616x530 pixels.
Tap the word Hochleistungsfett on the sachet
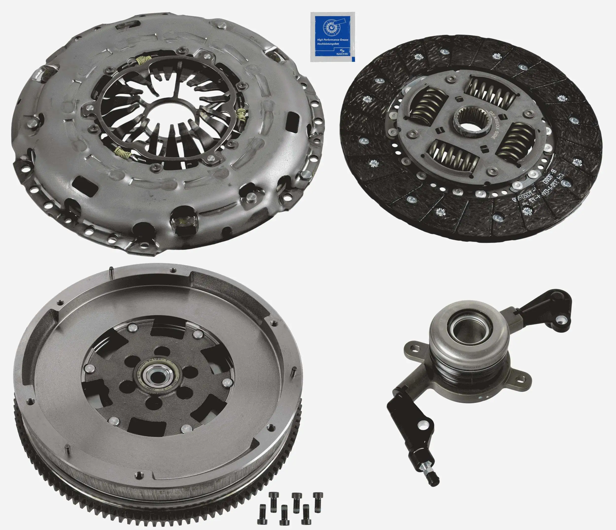(328, 43)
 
